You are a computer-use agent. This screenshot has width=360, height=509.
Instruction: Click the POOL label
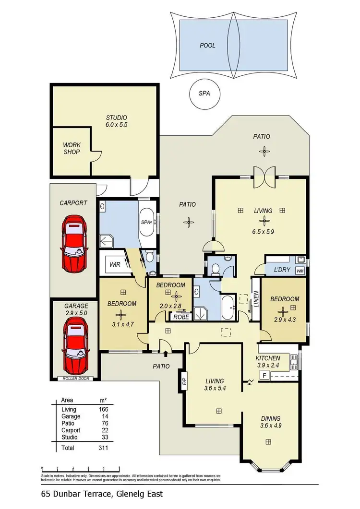coord(207,46)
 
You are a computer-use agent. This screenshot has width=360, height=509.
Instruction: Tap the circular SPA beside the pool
coord(204,93)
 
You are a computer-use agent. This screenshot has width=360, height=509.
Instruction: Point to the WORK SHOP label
coord(71,148)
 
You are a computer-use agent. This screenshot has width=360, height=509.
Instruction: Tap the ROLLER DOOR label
coord(76,379)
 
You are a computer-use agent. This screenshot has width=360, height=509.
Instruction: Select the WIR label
coord(115,264)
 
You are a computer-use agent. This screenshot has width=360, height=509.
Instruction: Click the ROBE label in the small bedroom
coord(180,317)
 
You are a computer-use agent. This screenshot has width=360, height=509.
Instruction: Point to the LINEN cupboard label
coord(256,300)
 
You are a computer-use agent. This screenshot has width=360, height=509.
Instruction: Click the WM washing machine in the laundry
coord(300,271)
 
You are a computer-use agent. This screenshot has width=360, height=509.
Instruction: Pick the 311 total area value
coord(103,448)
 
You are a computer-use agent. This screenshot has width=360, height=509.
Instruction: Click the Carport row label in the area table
coord(71,430)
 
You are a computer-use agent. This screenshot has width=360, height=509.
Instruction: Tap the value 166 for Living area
coord(103,409)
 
